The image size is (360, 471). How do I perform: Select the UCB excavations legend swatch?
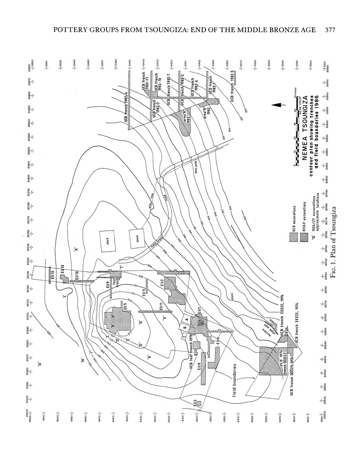291,236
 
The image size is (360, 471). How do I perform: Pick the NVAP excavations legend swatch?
303,236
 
